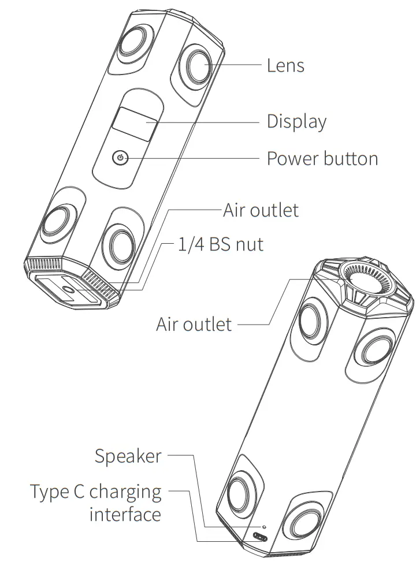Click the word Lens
point(285,65)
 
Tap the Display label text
point(296,122)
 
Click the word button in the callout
point(351,158)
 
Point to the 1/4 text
point(190,244)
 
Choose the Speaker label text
point(128,456)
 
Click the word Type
point(50,493)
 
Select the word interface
point(125,514)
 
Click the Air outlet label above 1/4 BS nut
point(261,210)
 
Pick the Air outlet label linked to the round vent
point(194,324)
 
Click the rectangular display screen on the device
point(134,123)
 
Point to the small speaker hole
point(264,527)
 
